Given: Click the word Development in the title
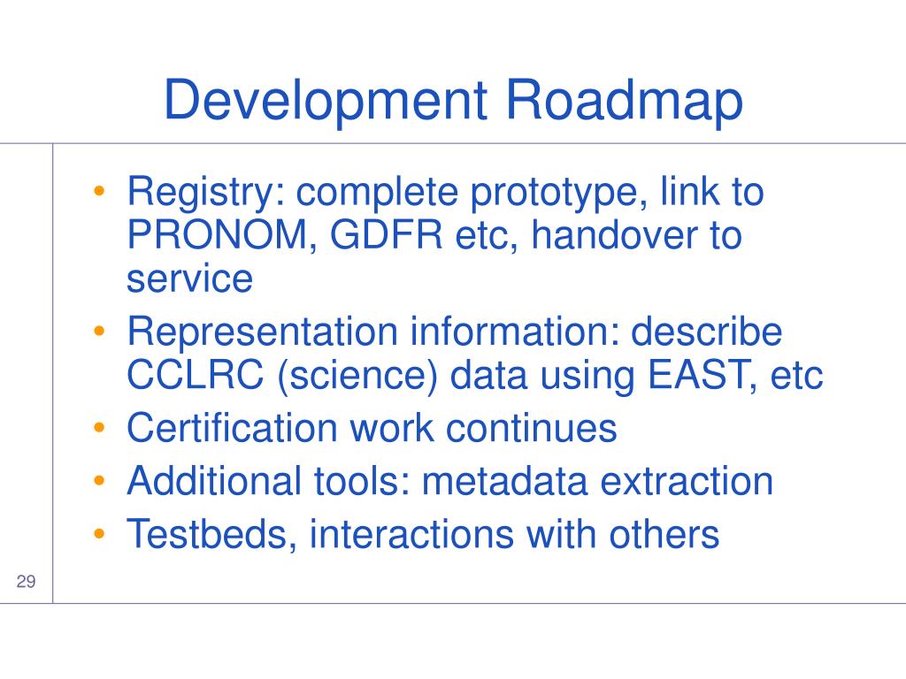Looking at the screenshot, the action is pyautogui.click(x=326, y=102).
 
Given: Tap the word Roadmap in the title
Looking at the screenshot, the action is pyautogui.click(x=624, y=102).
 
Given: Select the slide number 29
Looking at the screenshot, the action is pyautogui.click(x=26, y=581).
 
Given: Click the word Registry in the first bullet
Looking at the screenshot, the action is pyautogui.click(x=205, y=194).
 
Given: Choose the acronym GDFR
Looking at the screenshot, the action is pyautogui.click(x=386, y=234).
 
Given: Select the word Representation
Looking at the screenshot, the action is pyautogui.click(x=262, y=332).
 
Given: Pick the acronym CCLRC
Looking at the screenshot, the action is pyautogui.click(x=196, y=375).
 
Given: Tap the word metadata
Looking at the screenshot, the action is pyautogui.click(x=503, y=481).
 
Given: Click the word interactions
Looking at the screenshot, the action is pyautogui.click(x=411, y=534).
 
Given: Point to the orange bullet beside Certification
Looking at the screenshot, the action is pyautogui.click(x=99, y=428).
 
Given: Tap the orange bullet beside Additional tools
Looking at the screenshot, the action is pyautogui.click(x=99, y=480).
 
